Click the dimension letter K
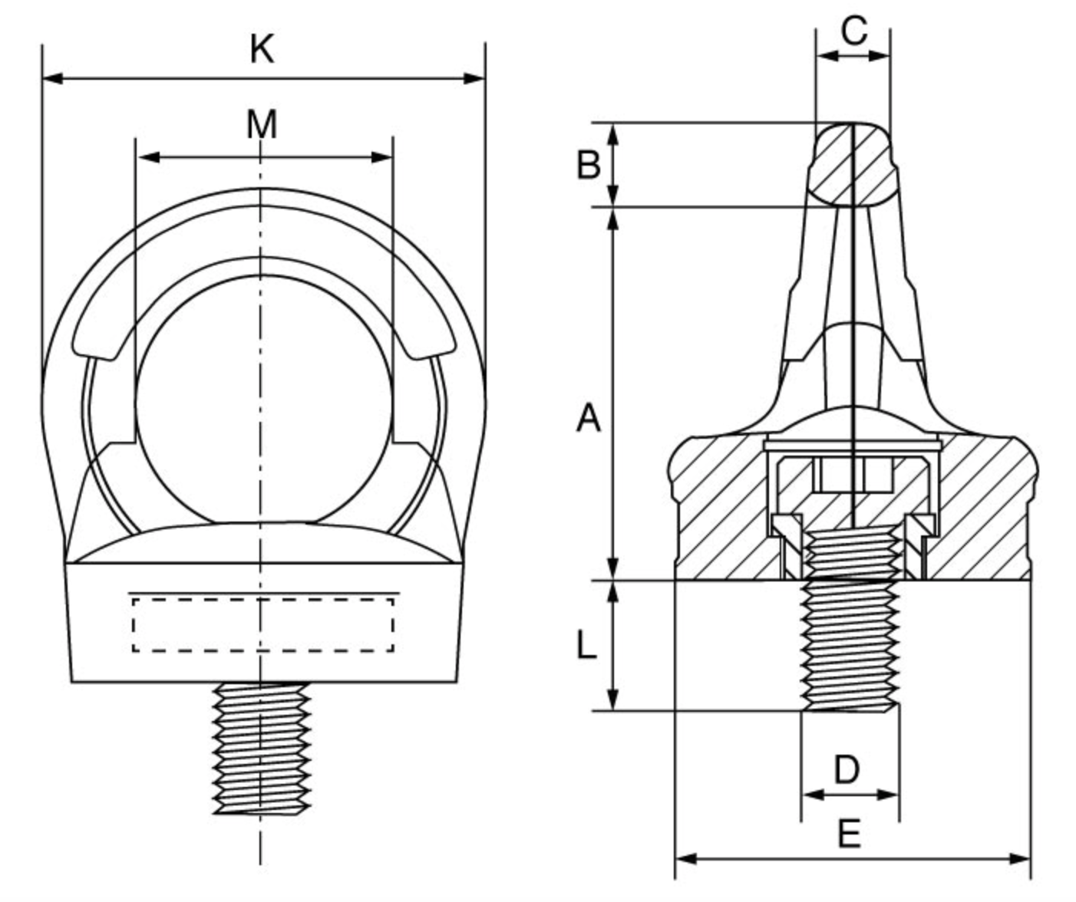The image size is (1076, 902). (x=262, y=50)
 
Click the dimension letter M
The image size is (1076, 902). (x=262, y=124)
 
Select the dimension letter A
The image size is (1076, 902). (x=588, y=419)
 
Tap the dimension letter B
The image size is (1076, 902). (x=588, y=164)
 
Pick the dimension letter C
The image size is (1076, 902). (x=853, y=31)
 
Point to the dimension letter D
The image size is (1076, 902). (x=847, y=769)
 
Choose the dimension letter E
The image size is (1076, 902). (x=849, y=834)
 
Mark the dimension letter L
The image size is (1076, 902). (x=586, y=646)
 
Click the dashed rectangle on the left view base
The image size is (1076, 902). (x=262, y=625)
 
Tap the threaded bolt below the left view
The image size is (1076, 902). (x=262, y=749)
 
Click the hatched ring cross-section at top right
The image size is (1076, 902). (x=853, y=164)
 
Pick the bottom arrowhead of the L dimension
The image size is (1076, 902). (x=612, y=700)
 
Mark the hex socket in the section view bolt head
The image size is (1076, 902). (x=853, y=474)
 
